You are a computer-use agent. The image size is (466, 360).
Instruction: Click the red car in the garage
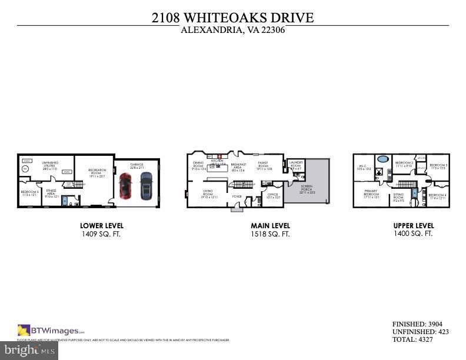tap(125, 185)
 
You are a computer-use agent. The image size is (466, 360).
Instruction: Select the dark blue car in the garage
tap(145, 185)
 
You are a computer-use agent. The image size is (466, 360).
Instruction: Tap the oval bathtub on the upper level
tap(382, 159)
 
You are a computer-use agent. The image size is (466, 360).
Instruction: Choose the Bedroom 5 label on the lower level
tap(29, 194)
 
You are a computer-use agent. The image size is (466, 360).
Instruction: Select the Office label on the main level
tap(272, 195)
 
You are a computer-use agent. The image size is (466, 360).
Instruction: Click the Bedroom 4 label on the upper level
tap(437, 196)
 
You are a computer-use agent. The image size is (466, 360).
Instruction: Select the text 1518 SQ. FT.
tap(270, 234)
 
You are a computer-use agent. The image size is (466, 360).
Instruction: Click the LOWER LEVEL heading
tap(102, 225)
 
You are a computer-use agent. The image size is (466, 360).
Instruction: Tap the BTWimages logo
tap(51, 330)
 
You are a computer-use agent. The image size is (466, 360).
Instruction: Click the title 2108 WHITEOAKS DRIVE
tap(232, 18)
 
